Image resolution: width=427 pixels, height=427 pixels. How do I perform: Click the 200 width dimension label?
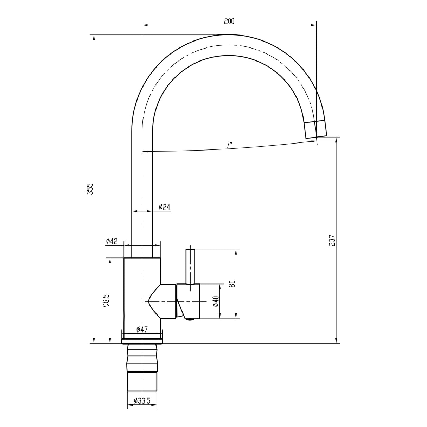[x=229, y=21]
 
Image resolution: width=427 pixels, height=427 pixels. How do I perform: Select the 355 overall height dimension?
[x=90, y=189]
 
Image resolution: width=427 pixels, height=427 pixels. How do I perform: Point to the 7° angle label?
[x=229, y=145]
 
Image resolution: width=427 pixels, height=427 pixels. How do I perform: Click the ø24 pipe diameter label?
[x=164, y=207]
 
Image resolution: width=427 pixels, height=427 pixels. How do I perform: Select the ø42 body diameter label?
[x=111, y=241]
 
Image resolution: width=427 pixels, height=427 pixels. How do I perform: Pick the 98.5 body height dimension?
[x=106, y=301]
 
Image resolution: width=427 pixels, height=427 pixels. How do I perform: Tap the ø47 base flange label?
[x=142, y=329]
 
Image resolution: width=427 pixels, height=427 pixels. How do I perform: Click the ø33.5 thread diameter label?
[x=142, y=401]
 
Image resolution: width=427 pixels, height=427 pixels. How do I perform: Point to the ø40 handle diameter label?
[x=216, y=301]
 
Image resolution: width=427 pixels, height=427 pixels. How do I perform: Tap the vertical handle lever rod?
[x=190, y=266]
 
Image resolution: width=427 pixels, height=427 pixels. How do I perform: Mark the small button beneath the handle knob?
[x=190, y=319]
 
